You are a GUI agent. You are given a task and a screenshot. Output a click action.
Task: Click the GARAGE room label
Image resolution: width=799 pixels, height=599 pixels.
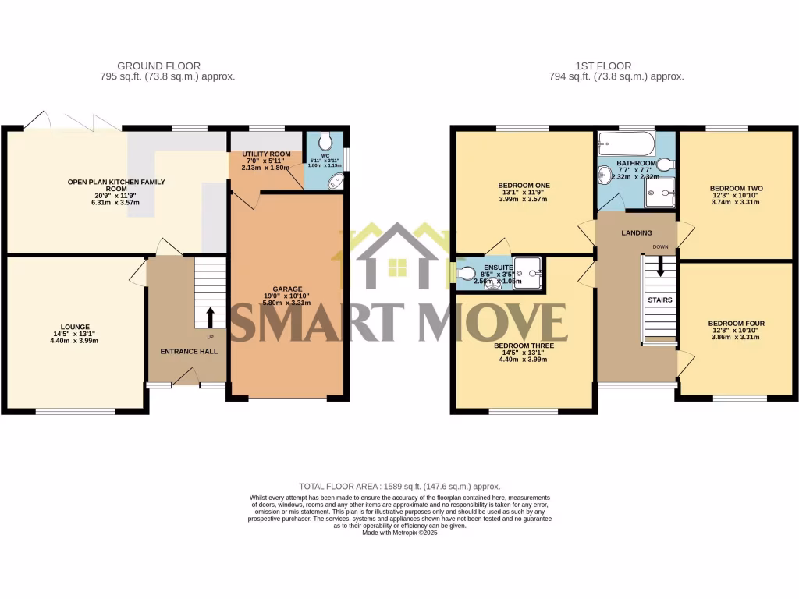click(287, 289)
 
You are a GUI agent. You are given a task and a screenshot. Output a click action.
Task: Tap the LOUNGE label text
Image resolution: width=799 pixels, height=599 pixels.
click(76, 327)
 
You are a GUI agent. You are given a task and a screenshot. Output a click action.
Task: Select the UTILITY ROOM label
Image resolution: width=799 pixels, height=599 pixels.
click(266, 154)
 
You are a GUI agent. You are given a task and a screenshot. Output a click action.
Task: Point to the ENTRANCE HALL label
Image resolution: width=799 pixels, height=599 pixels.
click(189, 351)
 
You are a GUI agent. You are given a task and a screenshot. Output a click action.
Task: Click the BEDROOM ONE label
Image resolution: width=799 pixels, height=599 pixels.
click(524, 186)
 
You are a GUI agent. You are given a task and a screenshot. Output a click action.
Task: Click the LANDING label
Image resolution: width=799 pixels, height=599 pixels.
click(637, 233)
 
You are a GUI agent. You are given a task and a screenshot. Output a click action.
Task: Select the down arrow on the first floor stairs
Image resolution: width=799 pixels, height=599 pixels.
click(661, 268)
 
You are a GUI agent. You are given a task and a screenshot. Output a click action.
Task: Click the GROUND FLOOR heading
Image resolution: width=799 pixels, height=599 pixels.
click(158, 66)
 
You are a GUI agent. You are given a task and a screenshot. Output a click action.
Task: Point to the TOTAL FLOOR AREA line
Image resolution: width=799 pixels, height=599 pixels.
click(399, 486)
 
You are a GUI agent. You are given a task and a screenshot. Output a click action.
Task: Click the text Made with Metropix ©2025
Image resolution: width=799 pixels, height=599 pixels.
click(399, 533)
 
